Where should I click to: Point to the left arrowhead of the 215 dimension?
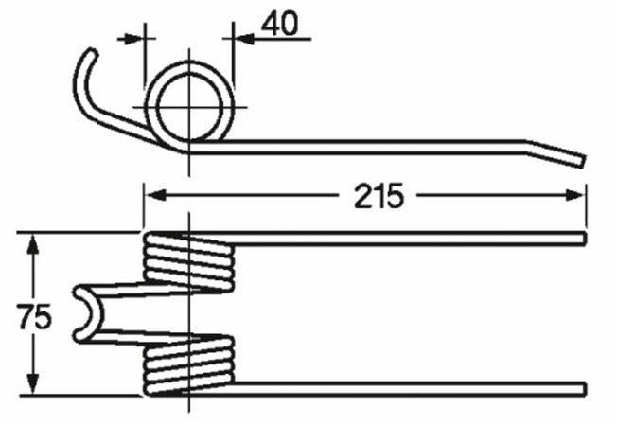click(151, 195)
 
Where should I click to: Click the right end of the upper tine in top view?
click(582, 237)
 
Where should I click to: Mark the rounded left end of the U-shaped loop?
click(79, 312)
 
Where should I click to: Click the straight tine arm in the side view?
click(379, 145)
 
